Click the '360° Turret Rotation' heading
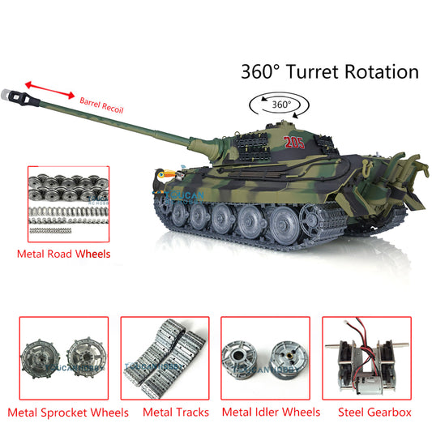329,71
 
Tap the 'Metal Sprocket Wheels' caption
68,412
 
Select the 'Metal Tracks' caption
176,412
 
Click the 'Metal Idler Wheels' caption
271,412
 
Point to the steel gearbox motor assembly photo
367,357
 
